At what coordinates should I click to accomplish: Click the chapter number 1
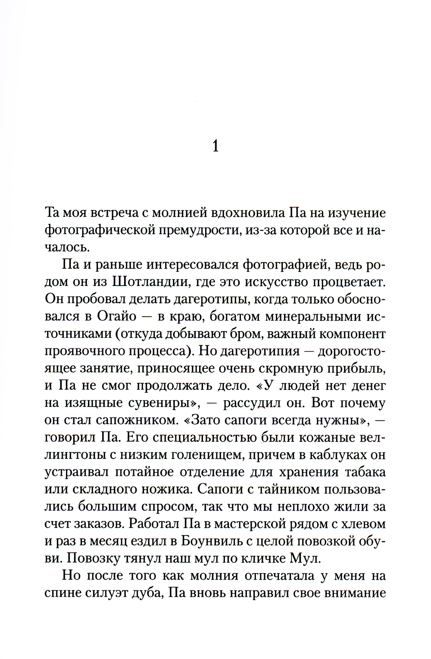(215, 147)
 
